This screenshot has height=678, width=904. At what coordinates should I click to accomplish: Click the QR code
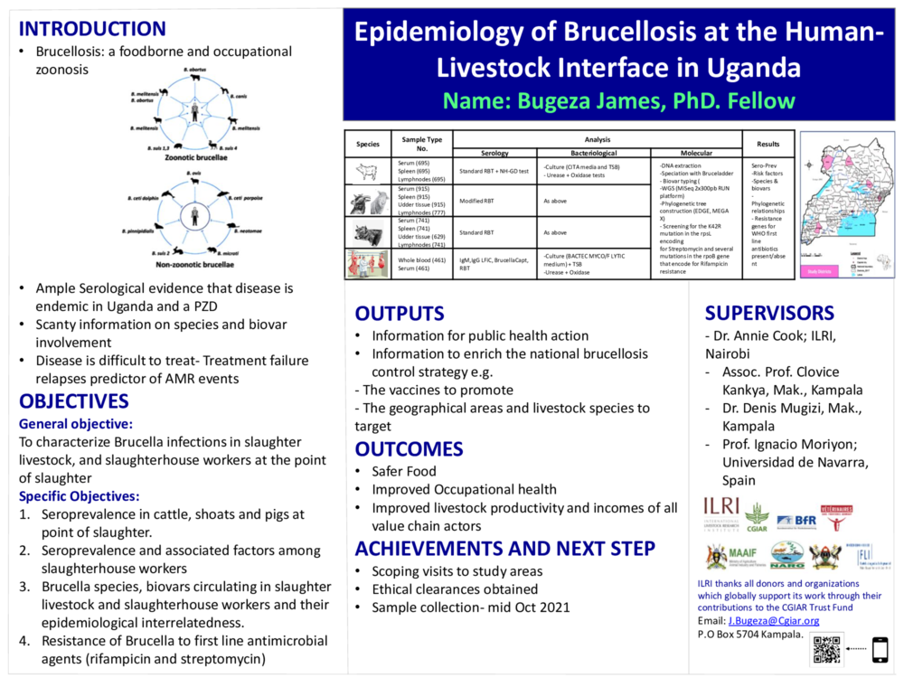[x=826, y=650]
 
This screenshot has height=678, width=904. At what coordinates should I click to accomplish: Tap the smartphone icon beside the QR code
[x=879, y=650]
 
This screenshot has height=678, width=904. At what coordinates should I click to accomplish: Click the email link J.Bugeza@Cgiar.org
[x=773, y=620]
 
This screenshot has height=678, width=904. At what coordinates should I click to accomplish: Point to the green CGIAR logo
[x=757, y=516]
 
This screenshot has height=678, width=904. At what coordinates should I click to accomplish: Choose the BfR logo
[x=796, y=520]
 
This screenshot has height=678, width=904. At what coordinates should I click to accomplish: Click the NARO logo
[x=786, y=555]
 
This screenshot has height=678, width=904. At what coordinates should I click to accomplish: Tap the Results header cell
[x=768, y=144]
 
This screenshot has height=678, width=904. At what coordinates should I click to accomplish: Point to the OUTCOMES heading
[x=409, y=449]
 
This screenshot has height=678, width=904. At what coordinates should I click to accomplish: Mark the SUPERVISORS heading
[x=769, y=314]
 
